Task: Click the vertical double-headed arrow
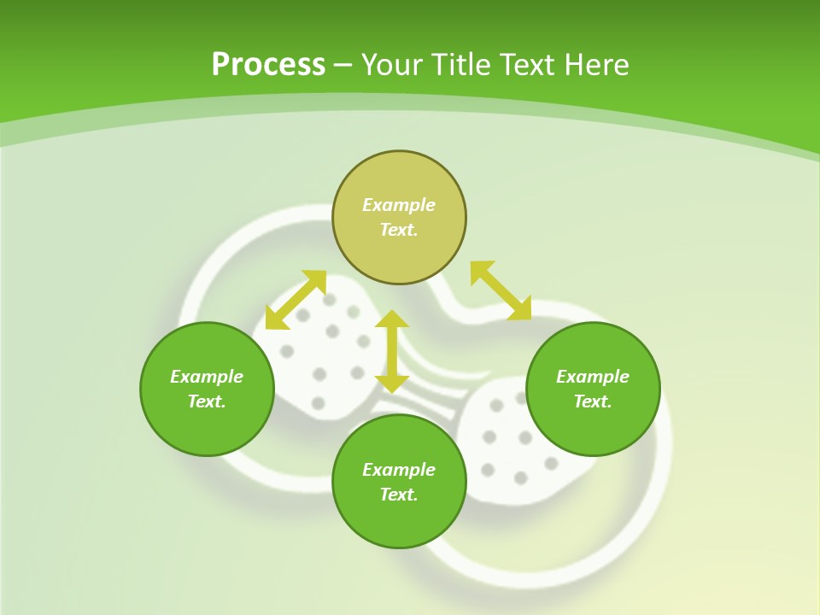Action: click(x=392, y=351)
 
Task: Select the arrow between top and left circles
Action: click(x=296, y=300)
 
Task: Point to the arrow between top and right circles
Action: click(x=501, y=290)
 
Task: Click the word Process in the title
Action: click(x=268, y=65)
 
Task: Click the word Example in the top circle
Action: click(x=399, y=205)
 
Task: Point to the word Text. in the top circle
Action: click(x=399, y=230)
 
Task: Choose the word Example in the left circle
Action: click(x=207, y=377)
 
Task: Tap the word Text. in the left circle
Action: click(x=207, y=401)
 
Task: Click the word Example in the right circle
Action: click(x=593, y=377)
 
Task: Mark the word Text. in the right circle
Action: click(x=593, y=401)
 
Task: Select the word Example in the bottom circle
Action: click(x=399, y=470)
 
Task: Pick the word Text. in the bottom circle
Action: click(x=399, y=495)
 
